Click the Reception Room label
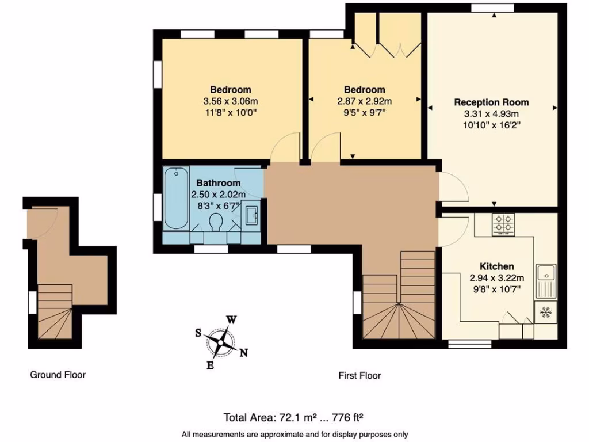point(491,102)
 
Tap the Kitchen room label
point(497,266)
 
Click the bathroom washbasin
point(251,216)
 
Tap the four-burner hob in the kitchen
point(504,224)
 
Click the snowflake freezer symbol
point(545,313)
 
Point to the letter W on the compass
point(231,319)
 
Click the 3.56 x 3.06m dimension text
point(230,101)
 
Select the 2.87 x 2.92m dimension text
point(364,101)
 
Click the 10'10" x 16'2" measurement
point(491,125)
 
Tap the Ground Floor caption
point(58,375)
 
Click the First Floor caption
point(359,375)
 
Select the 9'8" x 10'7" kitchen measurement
point(497,289)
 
